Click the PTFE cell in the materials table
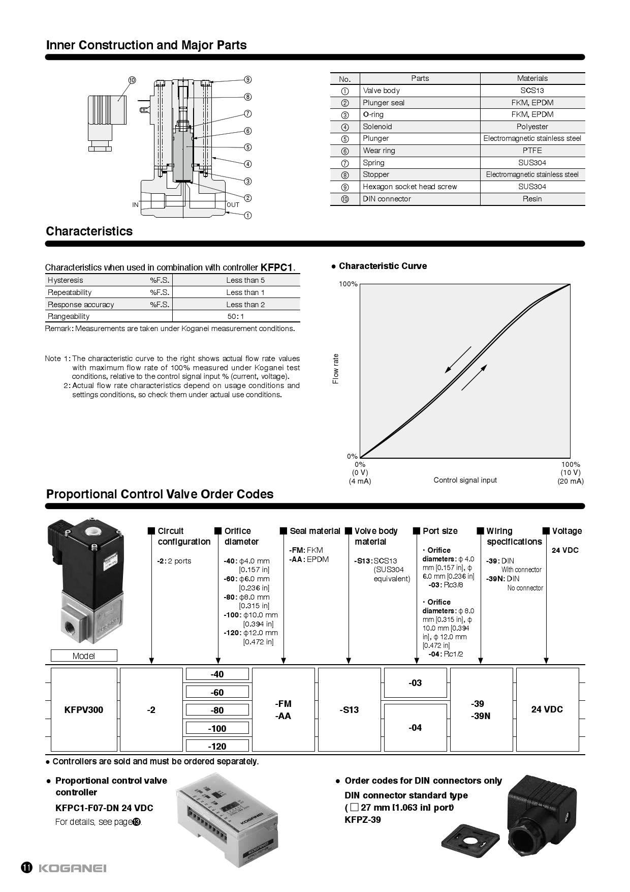[532, 151]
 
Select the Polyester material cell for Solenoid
[532, 127]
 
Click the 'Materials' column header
[532, 78]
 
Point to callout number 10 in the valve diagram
[132, 80]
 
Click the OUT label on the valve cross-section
[233, 205]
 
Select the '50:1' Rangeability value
[236, 316]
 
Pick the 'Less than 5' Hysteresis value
[245, 280]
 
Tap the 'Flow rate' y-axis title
[335, 369]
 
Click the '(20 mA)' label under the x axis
[571, 481]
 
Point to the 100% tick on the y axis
[348, 284]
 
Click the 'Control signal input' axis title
[465, 480]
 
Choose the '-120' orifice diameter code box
[217, 746]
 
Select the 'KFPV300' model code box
[84, 709]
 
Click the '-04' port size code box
[415, 728]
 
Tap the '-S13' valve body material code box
[349, 709]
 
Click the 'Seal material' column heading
[314, 531]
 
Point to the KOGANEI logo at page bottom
[72, 868]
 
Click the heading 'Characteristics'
[89, 231]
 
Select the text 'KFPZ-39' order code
[363, 820]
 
